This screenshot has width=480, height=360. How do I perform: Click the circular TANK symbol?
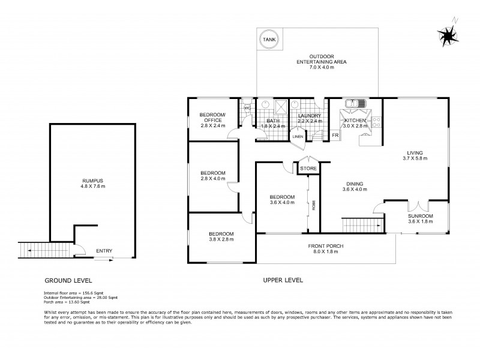(267, 41)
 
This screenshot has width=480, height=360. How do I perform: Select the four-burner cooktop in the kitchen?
(377, 122)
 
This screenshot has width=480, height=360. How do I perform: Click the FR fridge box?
(335, 135)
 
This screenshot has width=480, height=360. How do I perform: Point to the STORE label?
(308, 169)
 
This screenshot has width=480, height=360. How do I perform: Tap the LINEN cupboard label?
(298, 137)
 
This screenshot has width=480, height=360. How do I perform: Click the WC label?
(247, 108)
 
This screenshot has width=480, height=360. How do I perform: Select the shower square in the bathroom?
(280, 107)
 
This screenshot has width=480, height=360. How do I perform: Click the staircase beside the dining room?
(361, 226)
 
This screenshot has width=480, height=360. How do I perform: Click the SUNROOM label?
(420, 216)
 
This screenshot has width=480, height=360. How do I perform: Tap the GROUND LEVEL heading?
(68, 280)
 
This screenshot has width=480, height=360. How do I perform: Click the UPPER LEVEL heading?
(283, 280)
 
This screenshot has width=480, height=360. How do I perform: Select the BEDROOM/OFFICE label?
(212, 118)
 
